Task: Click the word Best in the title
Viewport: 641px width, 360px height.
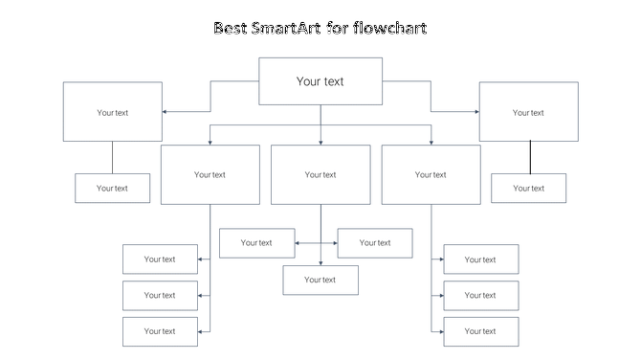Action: click(x=232, y=28)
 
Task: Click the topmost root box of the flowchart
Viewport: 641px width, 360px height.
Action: click(x=320, y=81)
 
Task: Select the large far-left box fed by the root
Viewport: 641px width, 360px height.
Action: click(x=113, y=112)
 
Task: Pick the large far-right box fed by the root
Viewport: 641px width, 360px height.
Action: click(x=528, y=112)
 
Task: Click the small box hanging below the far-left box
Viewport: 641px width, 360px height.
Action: click(x=113, y=188)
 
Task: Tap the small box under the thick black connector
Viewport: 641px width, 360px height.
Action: click(x=528, y=188)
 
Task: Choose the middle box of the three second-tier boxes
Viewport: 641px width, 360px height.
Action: click(x=320, y=174)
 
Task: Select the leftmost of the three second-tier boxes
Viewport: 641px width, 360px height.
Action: click(x=210, y=174)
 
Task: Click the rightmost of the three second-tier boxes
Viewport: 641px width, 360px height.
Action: click(x=431, y=174)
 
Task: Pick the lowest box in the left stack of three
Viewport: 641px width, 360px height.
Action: click(x=160, y=331)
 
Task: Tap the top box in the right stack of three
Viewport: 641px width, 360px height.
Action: click(x=480, y=259)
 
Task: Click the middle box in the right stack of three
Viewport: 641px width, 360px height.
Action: click(x=480, y=295)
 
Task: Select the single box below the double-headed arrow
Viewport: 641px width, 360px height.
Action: click(x=320, y=280)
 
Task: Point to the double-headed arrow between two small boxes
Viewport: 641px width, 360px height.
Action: click(x=317, y=243)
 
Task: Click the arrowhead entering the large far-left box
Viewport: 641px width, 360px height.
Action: click(x=166, y=112)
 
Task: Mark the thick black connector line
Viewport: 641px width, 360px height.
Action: click(x=530, y=157)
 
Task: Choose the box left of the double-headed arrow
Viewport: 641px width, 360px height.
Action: click(x=256, y=243)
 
